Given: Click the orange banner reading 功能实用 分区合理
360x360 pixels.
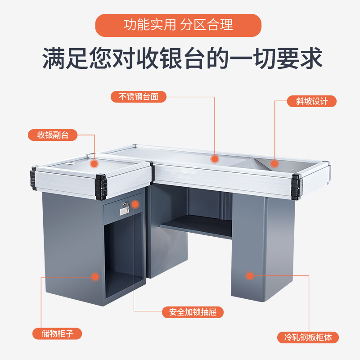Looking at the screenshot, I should (x=178, y=25).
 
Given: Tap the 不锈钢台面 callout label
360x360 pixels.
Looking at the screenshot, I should (x=138, y=96).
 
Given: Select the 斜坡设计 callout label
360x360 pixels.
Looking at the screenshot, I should (x=312, y=101).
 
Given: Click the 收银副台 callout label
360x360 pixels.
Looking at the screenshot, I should (x=53, y=135).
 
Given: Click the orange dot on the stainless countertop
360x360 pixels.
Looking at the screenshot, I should (x=215, y=158).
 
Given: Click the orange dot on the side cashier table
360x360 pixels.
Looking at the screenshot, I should (x=94, y=164).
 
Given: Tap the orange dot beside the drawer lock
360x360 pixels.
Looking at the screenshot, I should (x=135, y=206).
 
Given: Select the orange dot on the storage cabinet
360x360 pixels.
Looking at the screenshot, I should (x=94, y=277).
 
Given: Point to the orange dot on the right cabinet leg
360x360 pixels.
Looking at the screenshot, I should (x=249, y=275).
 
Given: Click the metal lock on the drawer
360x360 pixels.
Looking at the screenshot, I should (x=125, y=207).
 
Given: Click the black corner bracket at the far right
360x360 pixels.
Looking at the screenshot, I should (x=297, y=186).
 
